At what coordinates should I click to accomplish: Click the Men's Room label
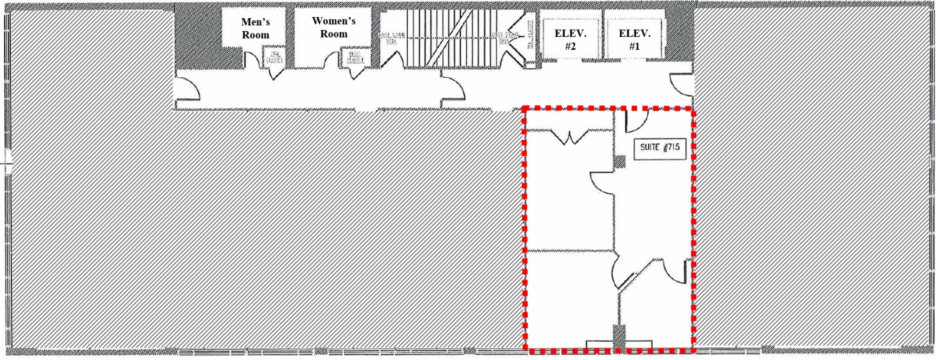(x=255, y=28)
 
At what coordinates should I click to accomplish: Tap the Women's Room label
(x=333, y=27)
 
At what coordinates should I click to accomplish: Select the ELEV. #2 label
(x=570, y=40)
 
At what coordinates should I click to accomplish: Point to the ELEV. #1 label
(x=634, y=40)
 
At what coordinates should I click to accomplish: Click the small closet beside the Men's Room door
(x=274, y=57)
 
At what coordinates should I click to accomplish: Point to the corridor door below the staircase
(x=453, y=89)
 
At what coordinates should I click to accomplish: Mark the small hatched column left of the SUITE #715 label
(x=619, y=161)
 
